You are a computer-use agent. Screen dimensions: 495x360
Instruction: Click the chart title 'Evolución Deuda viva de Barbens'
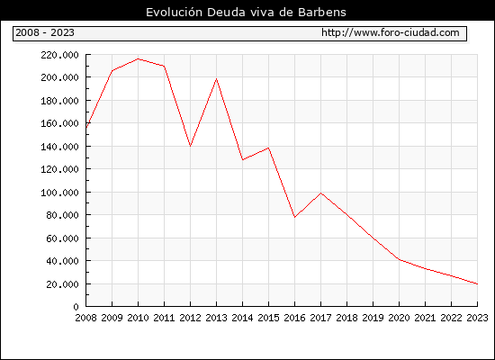point(246,13)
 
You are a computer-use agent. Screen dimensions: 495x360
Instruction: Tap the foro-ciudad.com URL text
point(391,32)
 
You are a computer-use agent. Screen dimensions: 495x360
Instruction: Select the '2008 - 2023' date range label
point(45,32)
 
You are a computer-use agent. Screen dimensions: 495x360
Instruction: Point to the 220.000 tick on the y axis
point(59,55)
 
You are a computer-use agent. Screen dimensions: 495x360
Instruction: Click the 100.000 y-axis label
point(59,193)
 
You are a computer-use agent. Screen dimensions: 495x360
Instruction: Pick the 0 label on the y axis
point(76,307)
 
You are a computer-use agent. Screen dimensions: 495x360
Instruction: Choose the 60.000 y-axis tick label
point(62,238)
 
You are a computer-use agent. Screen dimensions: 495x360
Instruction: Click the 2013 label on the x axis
point(216,318)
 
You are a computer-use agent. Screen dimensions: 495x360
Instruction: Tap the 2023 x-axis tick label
point(477,318)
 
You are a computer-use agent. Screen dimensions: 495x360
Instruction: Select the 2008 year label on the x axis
point(85,318)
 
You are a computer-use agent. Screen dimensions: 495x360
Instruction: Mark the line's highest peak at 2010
point(138,58)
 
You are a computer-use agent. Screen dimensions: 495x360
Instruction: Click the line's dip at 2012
point(191,146)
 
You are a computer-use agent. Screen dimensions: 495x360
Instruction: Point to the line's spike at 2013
point(216,78)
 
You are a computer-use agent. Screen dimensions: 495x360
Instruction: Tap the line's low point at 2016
point(294,217)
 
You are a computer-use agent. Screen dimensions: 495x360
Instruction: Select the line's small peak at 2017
point(320,193)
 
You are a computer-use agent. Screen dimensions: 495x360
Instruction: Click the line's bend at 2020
point(399,259)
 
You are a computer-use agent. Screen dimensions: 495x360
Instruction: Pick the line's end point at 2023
point(477,283)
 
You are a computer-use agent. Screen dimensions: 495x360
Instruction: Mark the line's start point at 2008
point(86,128)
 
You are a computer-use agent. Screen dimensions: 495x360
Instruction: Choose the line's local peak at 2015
point(269,148)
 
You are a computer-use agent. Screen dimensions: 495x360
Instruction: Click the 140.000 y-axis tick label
point(59,147)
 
